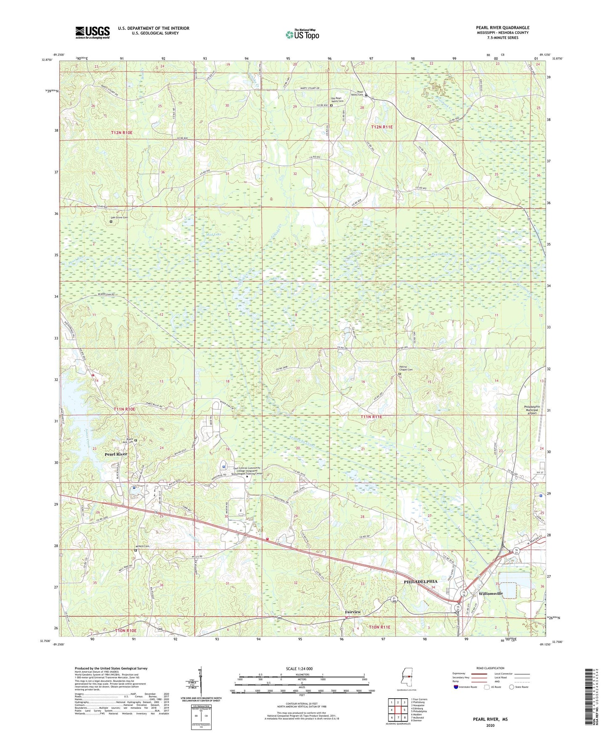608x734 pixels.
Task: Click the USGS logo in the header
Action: tap(93, 32)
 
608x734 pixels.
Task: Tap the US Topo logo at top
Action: tap(302, 34)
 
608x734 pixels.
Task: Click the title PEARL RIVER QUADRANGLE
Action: tap(502, 28)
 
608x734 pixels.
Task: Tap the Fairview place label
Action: tap(353, 612)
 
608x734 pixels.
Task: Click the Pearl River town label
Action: tap(116, 454)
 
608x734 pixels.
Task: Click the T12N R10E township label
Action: tap(122, 133)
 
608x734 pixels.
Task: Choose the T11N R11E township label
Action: tap(371, 417)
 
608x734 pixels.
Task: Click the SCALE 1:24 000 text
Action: tap(299, 669)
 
